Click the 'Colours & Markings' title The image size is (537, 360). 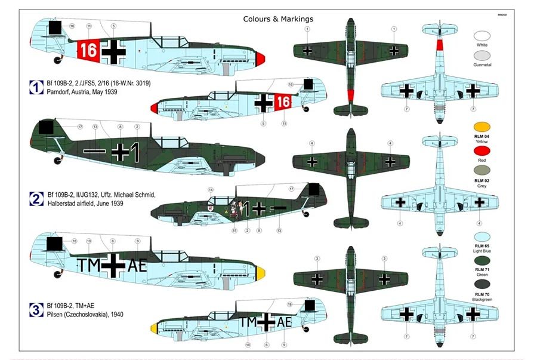278,19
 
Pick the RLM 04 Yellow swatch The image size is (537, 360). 482,127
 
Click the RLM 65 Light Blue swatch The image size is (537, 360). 482,238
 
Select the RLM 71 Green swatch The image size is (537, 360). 482,260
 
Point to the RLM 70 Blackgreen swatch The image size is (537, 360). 482,284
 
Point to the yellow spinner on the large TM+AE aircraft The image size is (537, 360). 260,275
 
